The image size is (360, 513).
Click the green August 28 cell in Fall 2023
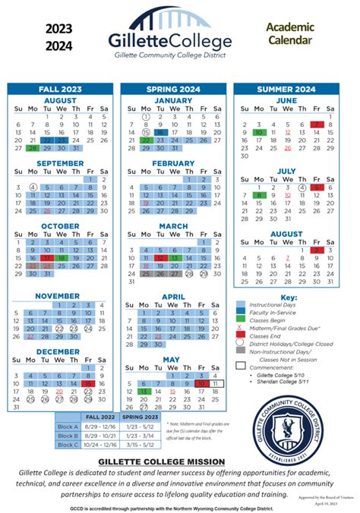[x=33, y=149]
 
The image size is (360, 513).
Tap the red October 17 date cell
[x=47, y=258]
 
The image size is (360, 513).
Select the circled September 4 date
[x=33, y=187]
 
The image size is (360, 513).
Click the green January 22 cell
[x=146, y=140]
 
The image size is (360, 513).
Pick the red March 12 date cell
[x=160, y=258]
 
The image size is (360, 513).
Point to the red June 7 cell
[x=317, y=124]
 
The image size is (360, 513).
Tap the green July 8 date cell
[x=259, y=195]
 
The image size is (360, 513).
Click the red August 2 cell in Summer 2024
[x=317, y=250]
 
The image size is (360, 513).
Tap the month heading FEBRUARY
[x=173, y=163]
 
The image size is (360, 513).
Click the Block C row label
[x=68, y=445]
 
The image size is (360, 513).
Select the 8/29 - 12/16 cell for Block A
[x=101, y=426]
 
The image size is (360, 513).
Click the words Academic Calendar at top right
[x=288, y=33]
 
